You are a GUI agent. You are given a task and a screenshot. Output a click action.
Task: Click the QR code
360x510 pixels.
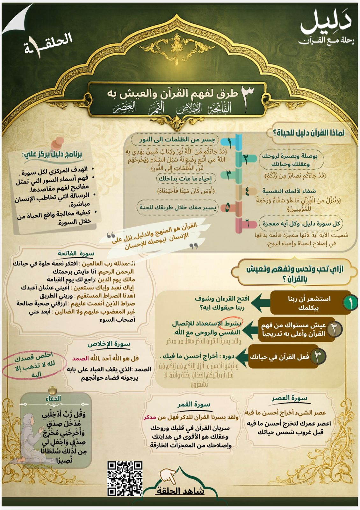[x=125, y=478]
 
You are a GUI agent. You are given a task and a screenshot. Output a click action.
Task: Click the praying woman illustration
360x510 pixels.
[x=32, y=437]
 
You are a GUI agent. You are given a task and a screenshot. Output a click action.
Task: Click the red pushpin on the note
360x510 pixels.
[x=58, y=142]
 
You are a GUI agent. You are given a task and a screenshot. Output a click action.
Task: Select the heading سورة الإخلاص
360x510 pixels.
[x=109, y=344]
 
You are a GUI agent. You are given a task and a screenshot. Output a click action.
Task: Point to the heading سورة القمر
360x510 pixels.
[x=194, y=404]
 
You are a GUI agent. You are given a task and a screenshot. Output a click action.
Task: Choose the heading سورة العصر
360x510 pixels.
[x=289, y=398]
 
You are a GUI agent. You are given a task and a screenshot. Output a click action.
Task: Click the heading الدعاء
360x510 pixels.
[x=53, y=399]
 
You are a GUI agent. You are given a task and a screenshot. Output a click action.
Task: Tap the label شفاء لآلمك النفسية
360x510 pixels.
[x=289, y=191]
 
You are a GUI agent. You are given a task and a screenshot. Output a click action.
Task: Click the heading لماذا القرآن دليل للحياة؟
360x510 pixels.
[x=309, y=133]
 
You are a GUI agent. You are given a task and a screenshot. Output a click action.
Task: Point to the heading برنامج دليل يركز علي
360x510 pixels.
[x=52, y=155]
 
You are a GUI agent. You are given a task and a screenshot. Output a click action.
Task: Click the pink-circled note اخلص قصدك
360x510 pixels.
[x=34, y=365]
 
